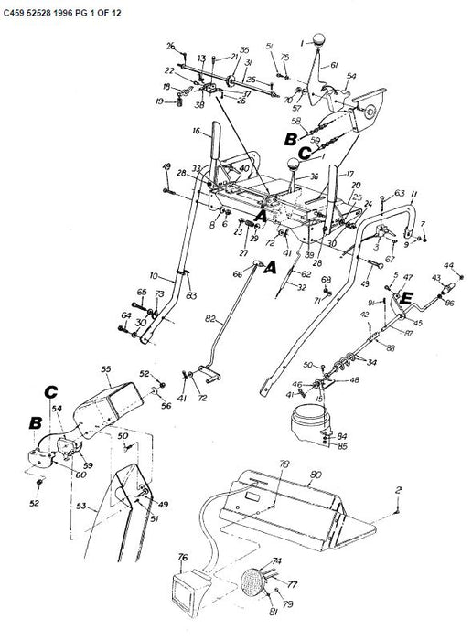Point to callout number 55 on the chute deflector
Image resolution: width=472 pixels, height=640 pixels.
[105, 370]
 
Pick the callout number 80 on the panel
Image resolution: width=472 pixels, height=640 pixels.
[316, 475]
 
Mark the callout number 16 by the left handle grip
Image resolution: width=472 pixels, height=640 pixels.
[196, 133]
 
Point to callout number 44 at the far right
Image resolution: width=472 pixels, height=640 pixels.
[448, 265]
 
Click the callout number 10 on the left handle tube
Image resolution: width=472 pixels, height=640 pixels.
[156, 274]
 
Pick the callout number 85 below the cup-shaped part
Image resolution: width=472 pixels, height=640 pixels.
[342, 447]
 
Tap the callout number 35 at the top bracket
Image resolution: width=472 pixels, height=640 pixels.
[218, 49]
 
